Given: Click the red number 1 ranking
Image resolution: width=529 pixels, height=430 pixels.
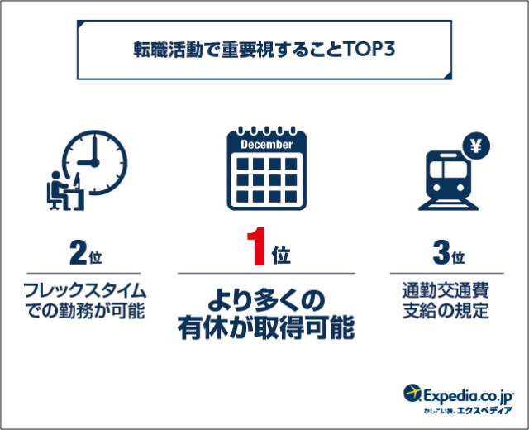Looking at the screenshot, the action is click(x=257, y=246).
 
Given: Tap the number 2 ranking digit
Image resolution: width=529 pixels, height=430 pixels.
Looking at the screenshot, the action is click(x=78, y=252).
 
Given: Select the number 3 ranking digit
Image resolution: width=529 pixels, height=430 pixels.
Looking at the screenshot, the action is click(x=441, y=252).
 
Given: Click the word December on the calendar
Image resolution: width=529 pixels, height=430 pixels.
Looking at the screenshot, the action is click(x=266, y=145).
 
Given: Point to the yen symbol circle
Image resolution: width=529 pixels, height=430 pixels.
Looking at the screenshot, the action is click(x=476, y=146).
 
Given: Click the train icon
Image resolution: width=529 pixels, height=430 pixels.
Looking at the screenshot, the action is click(x=448, y=180).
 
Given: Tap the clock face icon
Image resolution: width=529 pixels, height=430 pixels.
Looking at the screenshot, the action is click(x=95, y=163).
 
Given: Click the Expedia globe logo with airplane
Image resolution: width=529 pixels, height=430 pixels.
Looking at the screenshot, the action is click(x=412, y=393).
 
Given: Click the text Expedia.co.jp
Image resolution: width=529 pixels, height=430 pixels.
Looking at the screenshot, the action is click(x=468, y=395).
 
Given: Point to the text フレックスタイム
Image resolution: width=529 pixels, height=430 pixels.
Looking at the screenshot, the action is click(x=84, y=290).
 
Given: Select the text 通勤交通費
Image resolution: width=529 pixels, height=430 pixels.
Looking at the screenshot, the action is click(x=446, y=290).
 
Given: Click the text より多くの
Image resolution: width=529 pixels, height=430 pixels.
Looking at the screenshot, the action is click(x=266, y=301).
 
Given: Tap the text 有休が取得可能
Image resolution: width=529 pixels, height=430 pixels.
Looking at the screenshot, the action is click(x=266, y=327).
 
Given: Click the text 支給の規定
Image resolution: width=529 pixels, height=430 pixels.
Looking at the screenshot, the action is click(x=446, y=311).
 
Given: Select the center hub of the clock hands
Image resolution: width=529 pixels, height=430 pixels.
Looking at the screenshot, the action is click(x=95, y=163).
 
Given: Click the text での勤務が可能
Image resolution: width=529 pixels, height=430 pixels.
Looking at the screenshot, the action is click(x=84, y=311).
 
